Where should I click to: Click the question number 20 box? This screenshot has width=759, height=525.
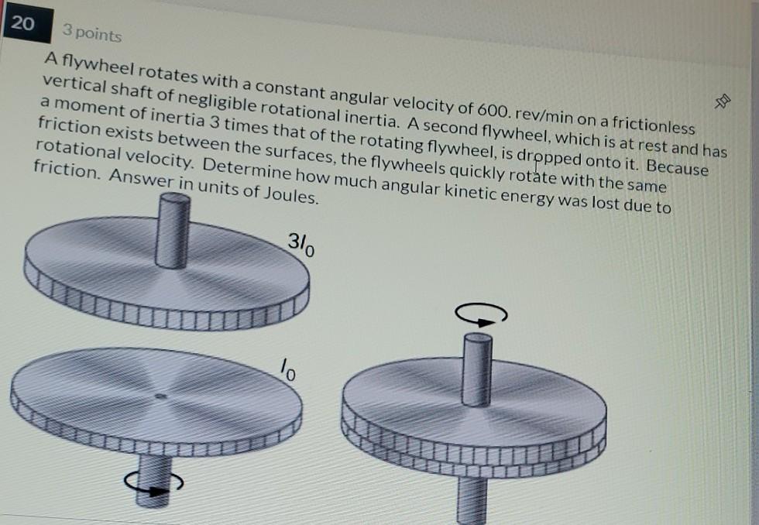[x=23, y=24]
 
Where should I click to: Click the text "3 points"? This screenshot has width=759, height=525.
[x=92, y=34]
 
